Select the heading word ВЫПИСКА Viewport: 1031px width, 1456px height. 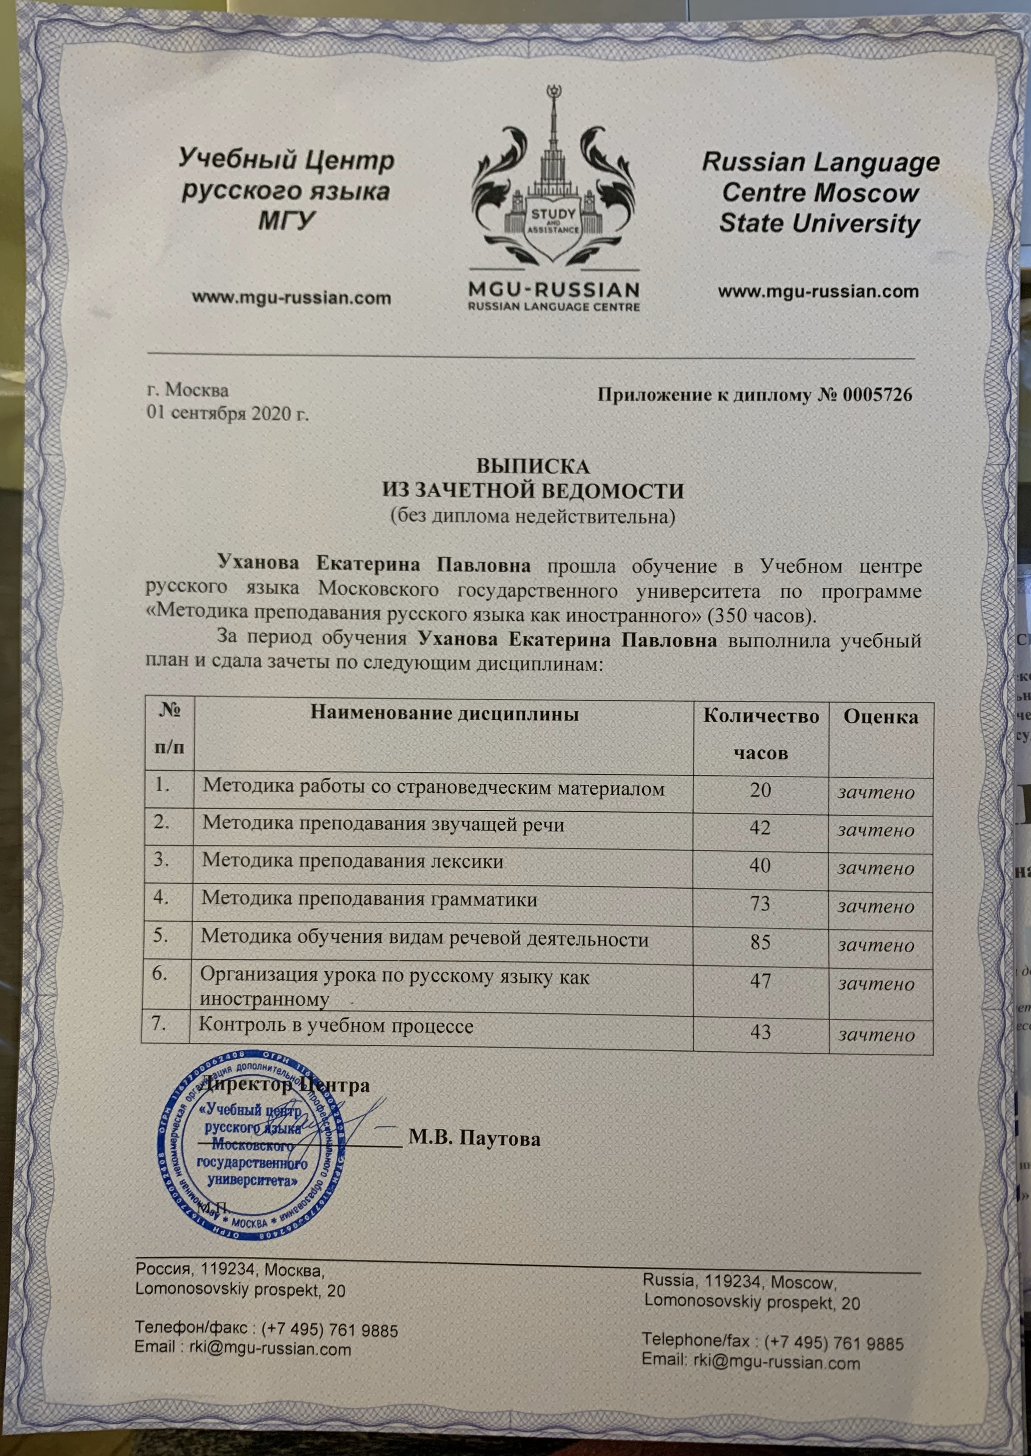tap(533, 467)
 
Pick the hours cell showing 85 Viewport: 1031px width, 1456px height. tap(760, 941)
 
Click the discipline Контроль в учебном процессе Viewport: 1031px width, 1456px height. tap(336, 1026)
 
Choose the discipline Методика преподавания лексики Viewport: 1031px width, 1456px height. tap(352, 861)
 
